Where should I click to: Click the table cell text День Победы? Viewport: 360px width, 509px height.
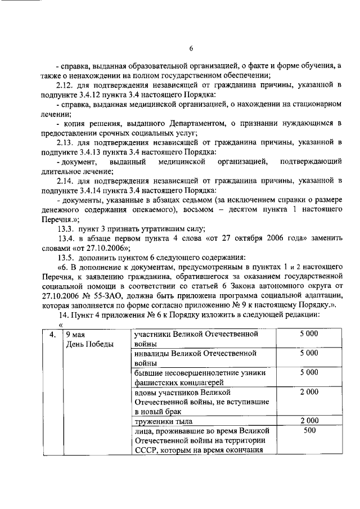(x=89, y=344)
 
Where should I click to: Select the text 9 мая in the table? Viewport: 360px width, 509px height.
(x=75, y=335)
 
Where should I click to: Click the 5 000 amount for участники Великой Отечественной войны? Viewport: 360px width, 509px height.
(x=309, y=335)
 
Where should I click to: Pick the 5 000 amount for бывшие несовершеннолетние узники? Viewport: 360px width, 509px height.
(x=309, y=372)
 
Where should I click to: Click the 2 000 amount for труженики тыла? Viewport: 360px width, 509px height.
(x=309, y=421)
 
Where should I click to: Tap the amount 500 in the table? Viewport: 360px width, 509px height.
(x=309, y=431)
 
